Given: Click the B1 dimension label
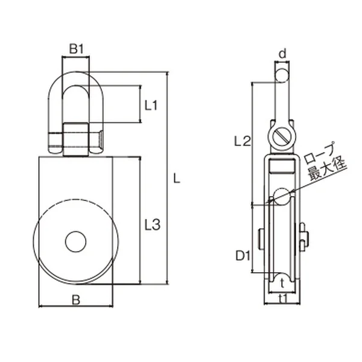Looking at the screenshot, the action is click(x=76, y=49).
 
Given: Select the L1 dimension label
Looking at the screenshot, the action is click(x=151, y=106).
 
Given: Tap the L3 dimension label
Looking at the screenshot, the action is click(x=153, y=224).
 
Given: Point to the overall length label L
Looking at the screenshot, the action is click(x=177, y=179).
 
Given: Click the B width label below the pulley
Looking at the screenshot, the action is click(x=76, y=300).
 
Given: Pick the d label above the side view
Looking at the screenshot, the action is click(x=282, y=54).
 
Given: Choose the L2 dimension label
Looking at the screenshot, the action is click(x=243, y=141).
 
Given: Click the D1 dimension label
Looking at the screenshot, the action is click(x=243, y=256).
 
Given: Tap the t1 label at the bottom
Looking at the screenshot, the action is click(x=283, y=299).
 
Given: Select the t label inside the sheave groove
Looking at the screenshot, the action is click(x=282, y=284).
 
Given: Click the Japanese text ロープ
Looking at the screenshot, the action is click(x=320, y=153).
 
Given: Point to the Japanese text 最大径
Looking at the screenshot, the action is click(x=328, y=168).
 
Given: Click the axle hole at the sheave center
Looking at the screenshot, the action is click(x=76, y=241).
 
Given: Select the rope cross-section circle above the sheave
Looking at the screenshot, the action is click(x=282, y=197).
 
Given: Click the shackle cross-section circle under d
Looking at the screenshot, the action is click(x=282, y=75).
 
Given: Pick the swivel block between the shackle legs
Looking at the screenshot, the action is click(x=76, y=140).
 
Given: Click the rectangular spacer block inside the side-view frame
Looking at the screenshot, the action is click(x=282, y=167).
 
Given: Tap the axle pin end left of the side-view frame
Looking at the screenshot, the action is click(x=261, y=239).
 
